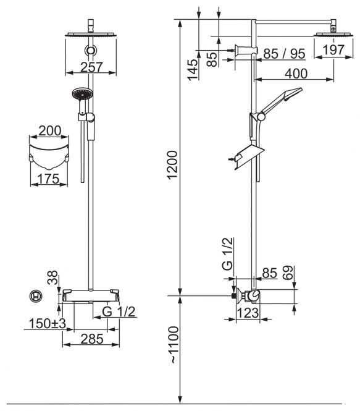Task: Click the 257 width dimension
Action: click(x=91, y=67)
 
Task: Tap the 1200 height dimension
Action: click(x=172, y=165)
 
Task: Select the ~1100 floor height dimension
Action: click(x=173, y=345)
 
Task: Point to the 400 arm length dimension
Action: click(x=296, y=74)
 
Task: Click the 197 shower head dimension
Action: click(x=333, y=50)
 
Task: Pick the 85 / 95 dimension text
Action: click(x=284, y=54)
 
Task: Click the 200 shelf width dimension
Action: click(x=50, y=130)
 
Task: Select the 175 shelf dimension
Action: click(x=48, y=179)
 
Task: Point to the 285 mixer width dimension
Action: click(x=92, y=339)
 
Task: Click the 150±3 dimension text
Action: click(x=47, y=323)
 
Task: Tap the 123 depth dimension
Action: click(x=248, y=313)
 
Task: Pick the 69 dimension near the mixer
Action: click(x=288, y=273)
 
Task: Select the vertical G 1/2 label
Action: click(x=227, y=254)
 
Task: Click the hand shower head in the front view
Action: click(x=82, y=94)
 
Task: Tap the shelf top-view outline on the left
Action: click(x=49, y=156)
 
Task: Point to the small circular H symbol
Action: click(x=36, y=297)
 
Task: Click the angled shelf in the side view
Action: click(x=249, y=157)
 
